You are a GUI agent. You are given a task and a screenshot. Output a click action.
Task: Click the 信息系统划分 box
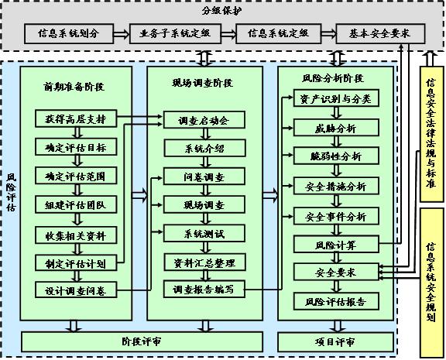[69, 34]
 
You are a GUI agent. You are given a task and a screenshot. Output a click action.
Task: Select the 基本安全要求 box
[380, 34]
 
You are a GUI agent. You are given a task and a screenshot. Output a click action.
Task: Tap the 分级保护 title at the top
[222, 11]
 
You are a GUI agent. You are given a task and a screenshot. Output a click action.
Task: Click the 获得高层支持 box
[76, 118]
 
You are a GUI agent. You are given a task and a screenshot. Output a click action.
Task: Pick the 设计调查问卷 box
[76, 290]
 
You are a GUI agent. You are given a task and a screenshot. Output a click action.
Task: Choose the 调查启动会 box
[204, 120]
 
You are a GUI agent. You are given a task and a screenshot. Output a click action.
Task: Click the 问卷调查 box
[204, 177]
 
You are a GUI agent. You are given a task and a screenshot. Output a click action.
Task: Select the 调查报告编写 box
[204, 290]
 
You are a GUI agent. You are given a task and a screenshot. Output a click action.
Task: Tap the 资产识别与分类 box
[336, 98]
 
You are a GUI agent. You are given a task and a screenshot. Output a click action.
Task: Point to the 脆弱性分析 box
[336, 156]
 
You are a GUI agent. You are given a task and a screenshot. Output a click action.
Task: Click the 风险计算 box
[336, 245]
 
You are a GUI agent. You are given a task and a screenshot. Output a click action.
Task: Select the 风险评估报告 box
[336, 301]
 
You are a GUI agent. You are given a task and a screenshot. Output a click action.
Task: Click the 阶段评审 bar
[142, 341]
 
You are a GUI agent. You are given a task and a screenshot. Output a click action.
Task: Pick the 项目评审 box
[335, 341]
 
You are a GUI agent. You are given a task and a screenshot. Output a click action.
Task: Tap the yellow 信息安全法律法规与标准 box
[431, 134]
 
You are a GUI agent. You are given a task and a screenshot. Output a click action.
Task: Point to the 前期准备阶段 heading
[74, 87]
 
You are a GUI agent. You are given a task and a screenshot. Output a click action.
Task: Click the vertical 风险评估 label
[12, 192]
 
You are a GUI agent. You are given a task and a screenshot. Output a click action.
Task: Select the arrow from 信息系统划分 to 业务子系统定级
[122, 34]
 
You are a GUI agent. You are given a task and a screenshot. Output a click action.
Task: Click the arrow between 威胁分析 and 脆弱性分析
[336, 142]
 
